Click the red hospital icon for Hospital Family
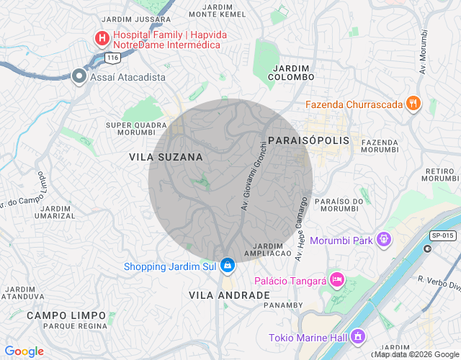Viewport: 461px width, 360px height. [103, 37]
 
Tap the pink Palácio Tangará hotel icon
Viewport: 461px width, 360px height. [337, 279]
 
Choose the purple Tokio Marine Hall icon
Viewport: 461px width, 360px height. [358, 337]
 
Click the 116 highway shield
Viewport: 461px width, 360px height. [111, 56]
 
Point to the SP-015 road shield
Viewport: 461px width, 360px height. [442, 235]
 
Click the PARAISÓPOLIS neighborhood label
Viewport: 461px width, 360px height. [308, 140]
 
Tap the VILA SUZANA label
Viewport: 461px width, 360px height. [166, 156]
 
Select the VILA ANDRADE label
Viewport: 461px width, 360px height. [229, 295]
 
